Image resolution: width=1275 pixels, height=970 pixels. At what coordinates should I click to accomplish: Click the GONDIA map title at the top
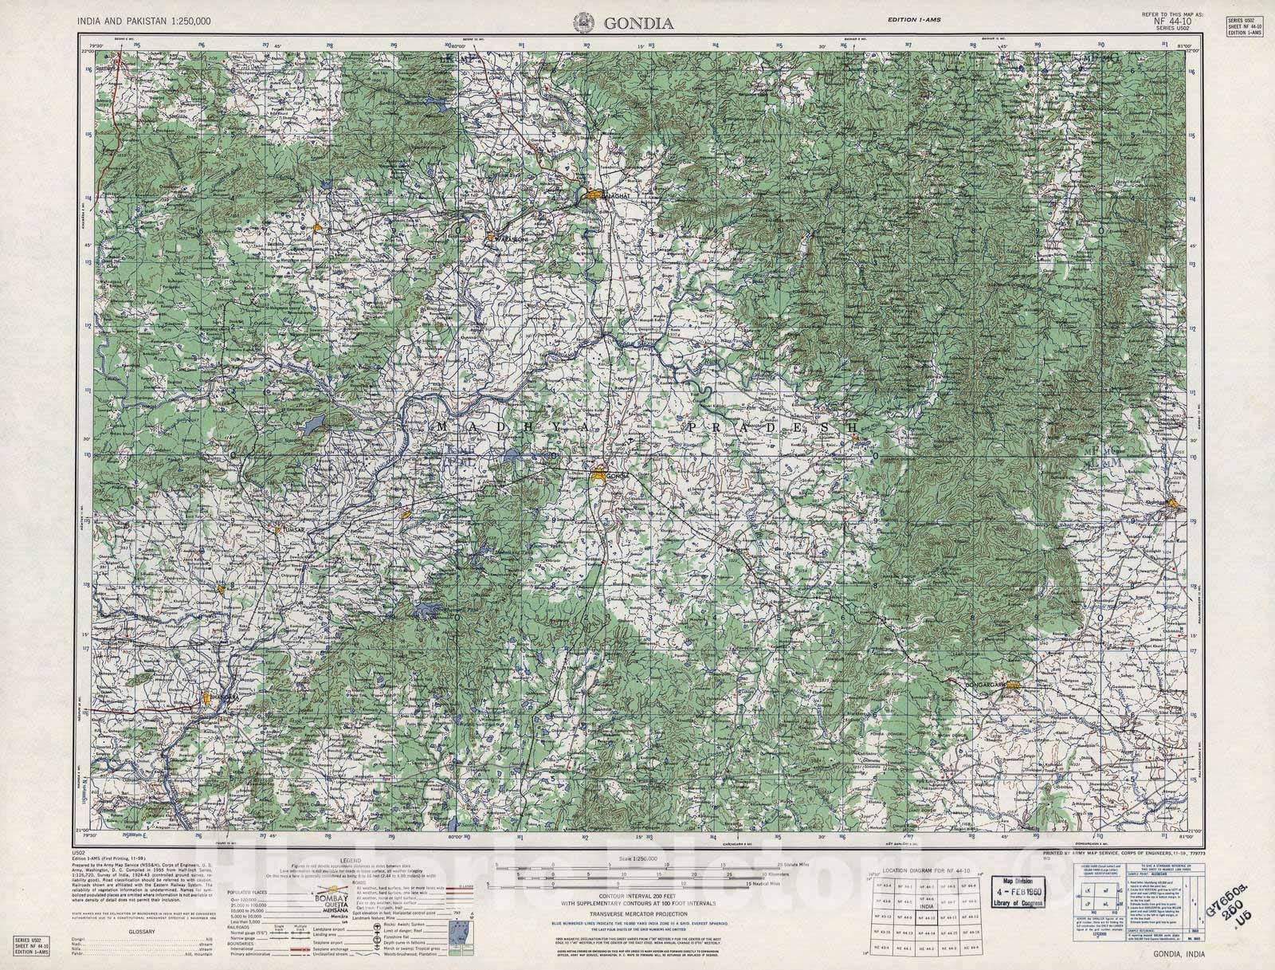(x=638, y=23)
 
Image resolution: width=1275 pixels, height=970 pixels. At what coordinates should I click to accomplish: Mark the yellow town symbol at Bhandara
(x=210, y=699)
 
